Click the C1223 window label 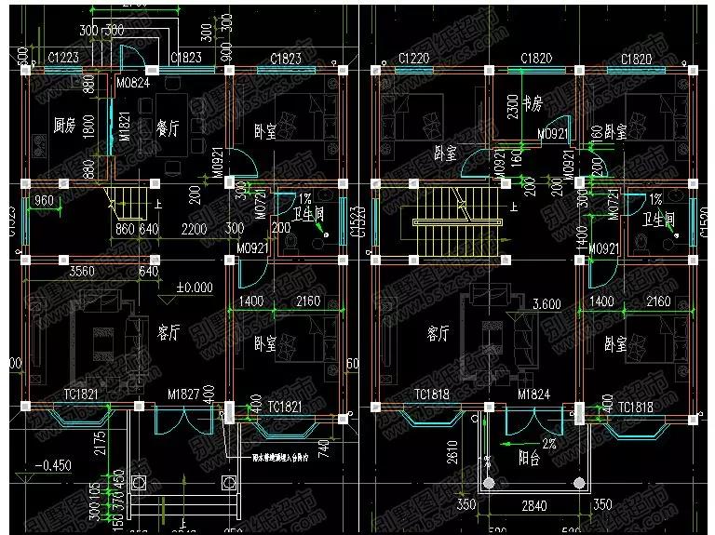tap(62, 60)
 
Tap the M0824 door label tap(133, 85)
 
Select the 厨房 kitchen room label tap(63, 124)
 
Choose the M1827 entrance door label tap(182, 395)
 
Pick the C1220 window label tap(413, 60)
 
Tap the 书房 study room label tap(533, 101)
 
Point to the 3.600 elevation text tap(545, 304)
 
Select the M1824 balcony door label tap(533, 395)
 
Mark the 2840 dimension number tap(532, 505)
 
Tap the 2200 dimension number tap(194, 229)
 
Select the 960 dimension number tap(44, 200)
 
